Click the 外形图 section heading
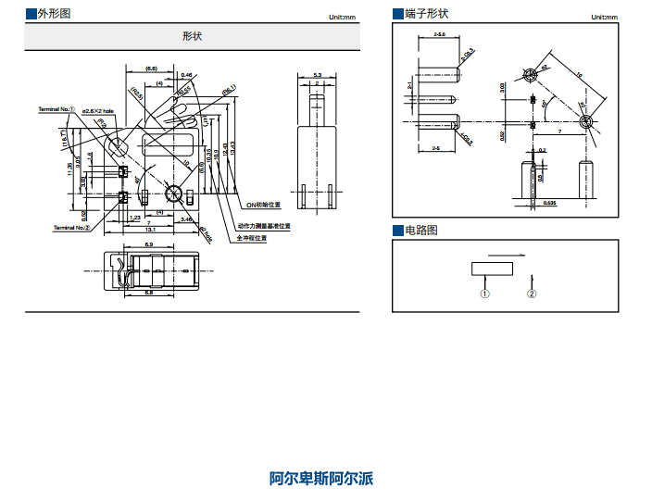click(x=53, y=14)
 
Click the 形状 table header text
click(x=193, y=36)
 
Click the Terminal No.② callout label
click(x=71, y=227)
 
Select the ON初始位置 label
click(x=264, y=204)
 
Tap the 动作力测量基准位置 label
click(x=264, y=226)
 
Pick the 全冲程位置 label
click(x=252, y=238)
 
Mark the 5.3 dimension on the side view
click(x=317, y=75)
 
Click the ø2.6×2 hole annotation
click(x=97, y=111)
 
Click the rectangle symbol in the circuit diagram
click(x=492, y=269)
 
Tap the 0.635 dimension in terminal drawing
click(x=549, y=202)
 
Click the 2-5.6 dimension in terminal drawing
click(x=439, y=34)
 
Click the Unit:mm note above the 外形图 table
click(x=342, y=18)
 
